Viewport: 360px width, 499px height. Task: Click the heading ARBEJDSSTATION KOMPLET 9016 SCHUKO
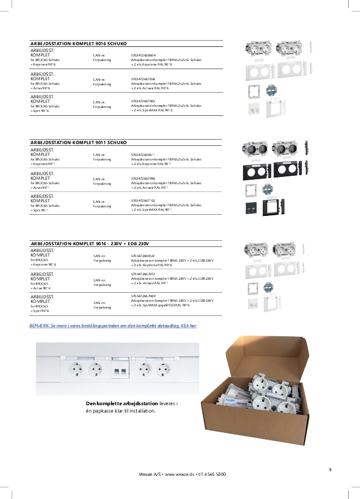[x=78, y=43]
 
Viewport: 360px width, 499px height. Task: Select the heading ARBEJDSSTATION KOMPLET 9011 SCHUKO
[x=78, y=142]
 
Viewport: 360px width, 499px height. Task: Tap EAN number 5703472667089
[x=143, y=296]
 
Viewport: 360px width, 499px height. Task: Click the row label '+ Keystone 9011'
[x=44, y=164]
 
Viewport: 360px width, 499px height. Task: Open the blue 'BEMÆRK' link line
[x=113, y=326]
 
